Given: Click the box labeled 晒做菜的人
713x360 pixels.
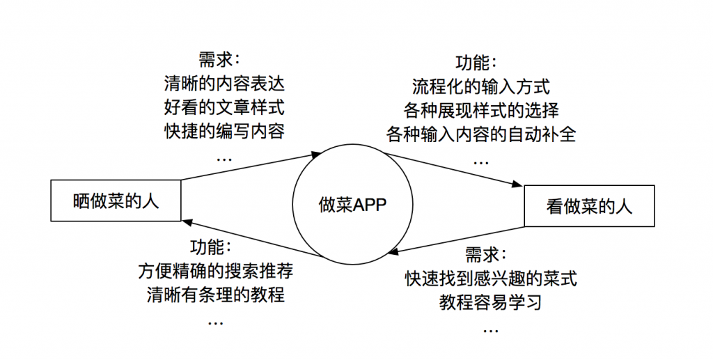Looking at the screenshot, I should tap(116, 202).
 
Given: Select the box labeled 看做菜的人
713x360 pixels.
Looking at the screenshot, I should tap(589, 206).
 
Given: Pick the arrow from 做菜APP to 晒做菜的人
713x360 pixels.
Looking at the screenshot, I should tap(251, 239).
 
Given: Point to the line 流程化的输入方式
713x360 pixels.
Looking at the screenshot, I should tap(481, 87).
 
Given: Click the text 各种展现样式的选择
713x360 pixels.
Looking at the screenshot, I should tap(481, 111).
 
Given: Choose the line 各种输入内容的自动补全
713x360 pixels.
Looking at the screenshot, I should tap(481, 134).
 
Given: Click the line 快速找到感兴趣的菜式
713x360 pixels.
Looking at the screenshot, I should tap(491, 279).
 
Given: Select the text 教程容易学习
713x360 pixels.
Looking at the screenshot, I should tap(491, 303).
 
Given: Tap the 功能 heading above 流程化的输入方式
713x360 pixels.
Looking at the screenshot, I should tap(476, 63).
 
